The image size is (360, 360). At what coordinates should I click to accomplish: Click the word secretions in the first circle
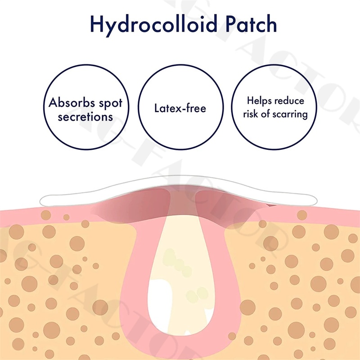tap(85, 117)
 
